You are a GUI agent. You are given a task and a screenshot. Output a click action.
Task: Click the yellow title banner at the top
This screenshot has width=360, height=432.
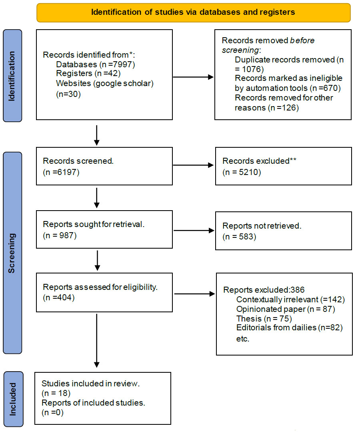tap(194, 12)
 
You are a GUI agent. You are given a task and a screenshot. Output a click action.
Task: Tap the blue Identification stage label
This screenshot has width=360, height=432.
tap(12, 76)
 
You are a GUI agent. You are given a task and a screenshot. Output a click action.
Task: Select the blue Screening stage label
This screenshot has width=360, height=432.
tap(12, 253)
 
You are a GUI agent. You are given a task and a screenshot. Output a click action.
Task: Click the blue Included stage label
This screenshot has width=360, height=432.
tap(13, 399)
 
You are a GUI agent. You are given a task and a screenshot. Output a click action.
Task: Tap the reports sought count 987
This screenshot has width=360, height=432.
tap(66, 235)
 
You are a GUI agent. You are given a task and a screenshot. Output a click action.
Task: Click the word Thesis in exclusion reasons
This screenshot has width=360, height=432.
tap(249, 319)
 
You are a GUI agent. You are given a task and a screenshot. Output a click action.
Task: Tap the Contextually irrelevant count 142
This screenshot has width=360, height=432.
tap(335, 299)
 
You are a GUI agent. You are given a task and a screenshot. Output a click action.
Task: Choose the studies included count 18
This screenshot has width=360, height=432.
tap(63, 393)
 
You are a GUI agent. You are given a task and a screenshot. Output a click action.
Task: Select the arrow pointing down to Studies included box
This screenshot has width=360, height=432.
tap(97, 341)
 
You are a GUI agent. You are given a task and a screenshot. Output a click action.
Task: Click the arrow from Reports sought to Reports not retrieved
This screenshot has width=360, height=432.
tap(194, 231)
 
